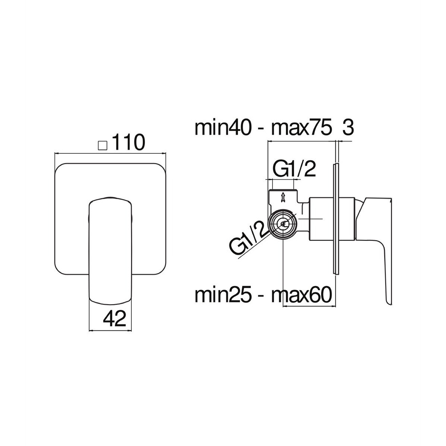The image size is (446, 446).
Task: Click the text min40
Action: [x=223, y=128]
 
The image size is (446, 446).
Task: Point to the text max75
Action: [x=302, y=128]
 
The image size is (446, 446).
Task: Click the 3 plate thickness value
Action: [x=348, y=128]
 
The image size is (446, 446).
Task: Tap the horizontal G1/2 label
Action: [x=294, y=170]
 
